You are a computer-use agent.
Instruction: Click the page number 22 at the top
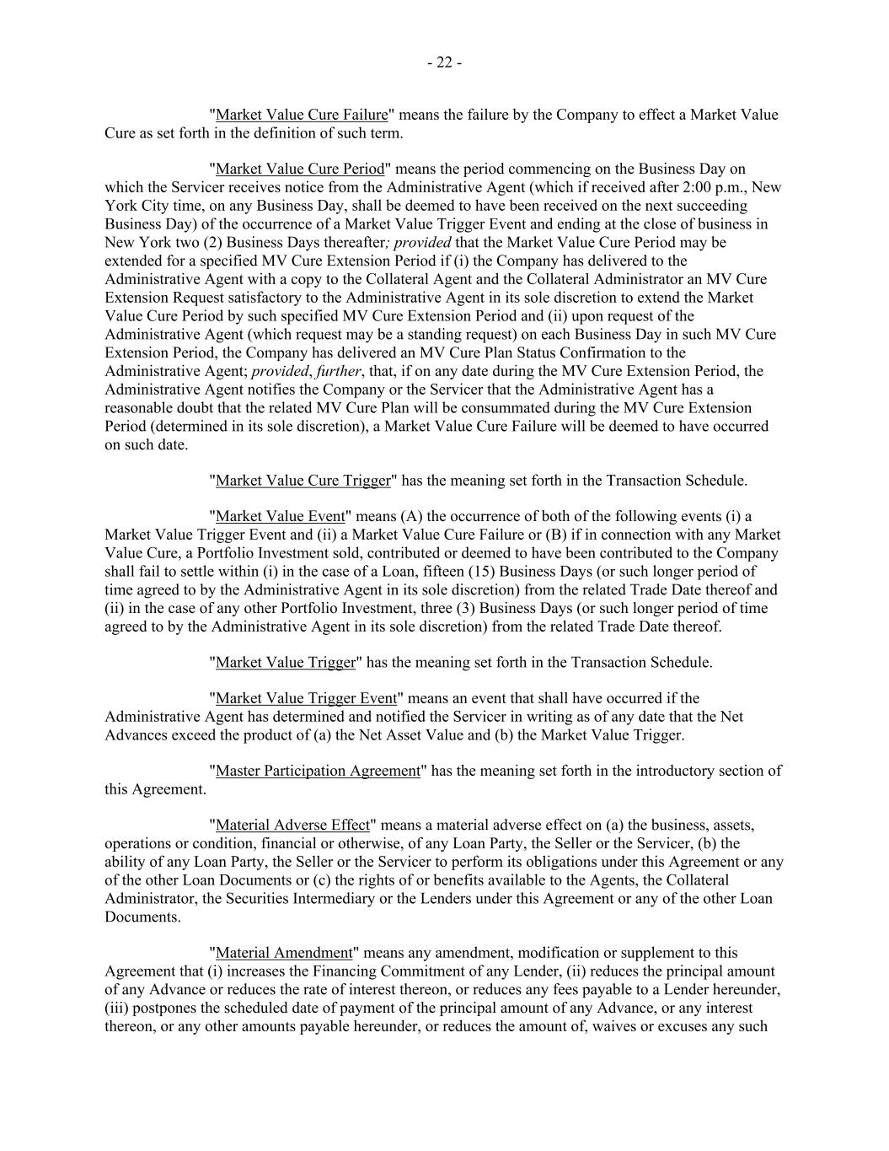(x=444, y=62)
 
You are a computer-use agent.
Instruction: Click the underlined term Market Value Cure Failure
(x=302, y=115)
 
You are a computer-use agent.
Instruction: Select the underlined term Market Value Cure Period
(x=300, y=169)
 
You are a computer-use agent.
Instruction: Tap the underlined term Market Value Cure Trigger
(x=303, y=481)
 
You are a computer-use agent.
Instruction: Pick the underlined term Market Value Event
(x=281, y=517)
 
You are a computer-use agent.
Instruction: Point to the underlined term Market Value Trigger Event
(x=306, y=698)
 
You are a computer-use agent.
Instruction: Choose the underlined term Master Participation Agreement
(x=318, y=771)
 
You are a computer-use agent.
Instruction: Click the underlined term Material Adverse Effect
(x=292, y=825)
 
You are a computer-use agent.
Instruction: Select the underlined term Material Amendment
(x=284, y=953)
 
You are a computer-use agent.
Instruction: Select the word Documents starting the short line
(x=142, y=917)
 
